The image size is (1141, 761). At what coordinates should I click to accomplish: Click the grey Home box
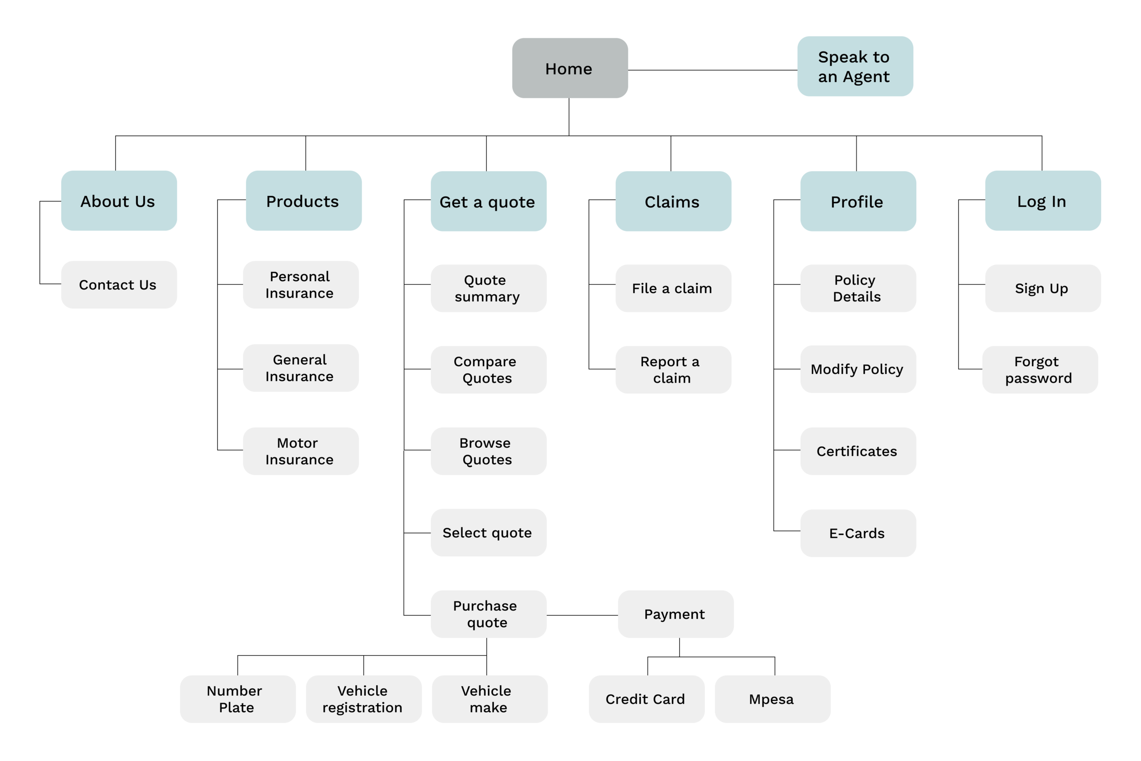coord(570,68)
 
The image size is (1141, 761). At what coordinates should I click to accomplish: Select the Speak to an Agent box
coord(855,67)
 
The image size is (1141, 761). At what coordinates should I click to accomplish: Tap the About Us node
coord(119,201)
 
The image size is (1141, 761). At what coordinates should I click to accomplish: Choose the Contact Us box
coord(119,285)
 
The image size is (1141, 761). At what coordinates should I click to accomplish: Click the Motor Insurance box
coord(301,451)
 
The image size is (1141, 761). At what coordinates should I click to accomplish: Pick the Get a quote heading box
coord(488,201)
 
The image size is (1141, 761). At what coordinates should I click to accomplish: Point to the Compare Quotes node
coord(488,370)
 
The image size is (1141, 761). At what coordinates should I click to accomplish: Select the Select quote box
coord(488,533)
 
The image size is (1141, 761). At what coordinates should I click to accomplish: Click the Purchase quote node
coord(488,614)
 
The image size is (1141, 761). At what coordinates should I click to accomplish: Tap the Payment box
coord(676,614)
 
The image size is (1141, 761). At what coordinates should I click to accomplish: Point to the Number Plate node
coord(238,699)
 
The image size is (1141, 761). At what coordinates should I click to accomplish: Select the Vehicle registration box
coord(364,699)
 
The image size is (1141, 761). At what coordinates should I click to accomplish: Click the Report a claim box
coord(673,370)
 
